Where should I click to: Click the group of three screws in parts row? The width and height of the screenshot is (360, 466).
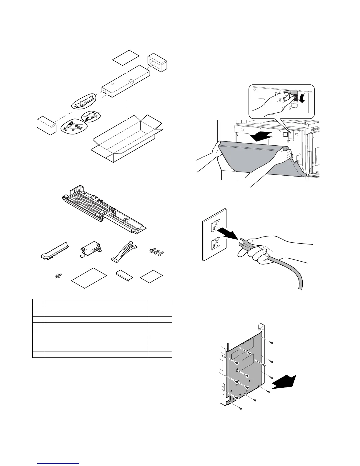click(156, 252)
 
